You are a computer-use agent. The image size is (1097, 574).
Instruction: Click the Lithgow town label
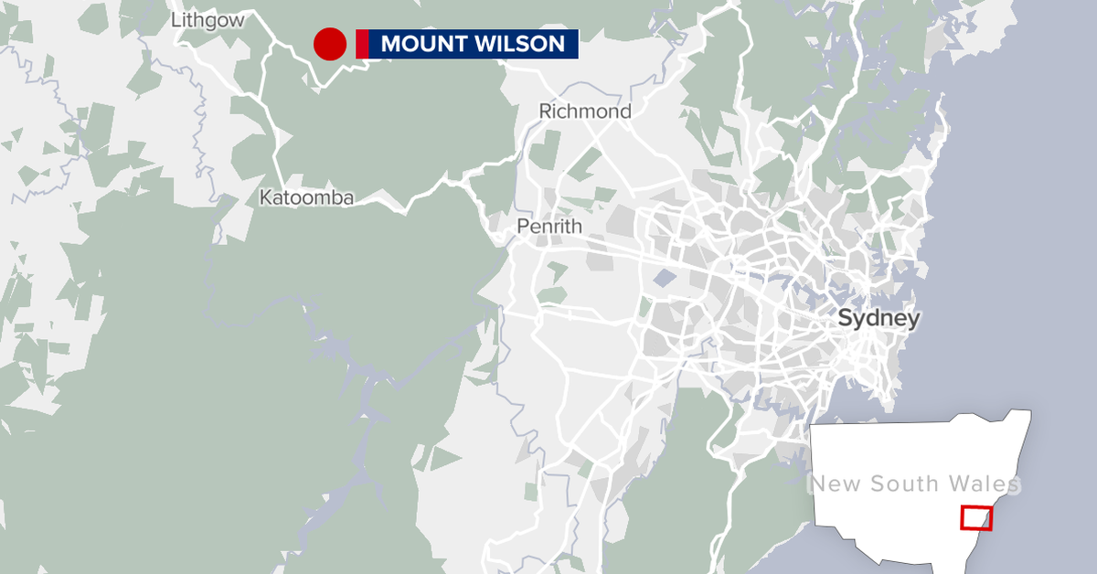click(x=208, y=20)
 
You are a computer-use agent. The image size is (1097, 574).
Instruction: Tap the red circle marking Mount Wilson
click(x=329, y=44)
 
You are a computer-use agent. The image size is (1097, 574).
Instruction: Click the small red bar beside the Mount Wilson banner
click(x=362, y=44)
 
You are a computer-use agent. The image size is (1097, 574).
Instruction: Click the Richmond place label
click(x=585, y=112)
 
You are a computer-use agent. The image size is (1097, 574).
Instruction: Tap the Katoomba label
click(x=306, y=197)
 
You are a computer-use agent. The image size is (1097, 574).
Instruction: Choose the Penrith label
click(x=548, y=226)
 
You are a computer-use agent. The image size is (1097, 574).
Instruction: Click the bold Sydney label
click(x=879, y=319)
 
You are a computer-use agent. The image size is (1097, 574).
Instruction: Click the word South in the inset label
click(x=904, y=484)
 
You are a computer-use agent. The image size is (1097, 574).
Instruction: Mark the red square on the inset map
click(x=975, y=518)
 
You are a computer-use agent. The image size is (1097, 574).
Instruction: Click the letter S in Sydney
click(x=846, y=319)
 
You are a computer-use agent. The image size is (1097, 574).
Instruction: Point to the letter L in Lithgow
click(x=175, y=20)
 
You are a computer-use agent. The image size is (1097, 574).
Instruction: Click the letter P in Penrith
click(x=522, y=226)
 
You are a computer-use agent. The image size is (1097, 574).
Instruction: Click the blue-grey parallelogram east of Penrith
click(x=666, y=278)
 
